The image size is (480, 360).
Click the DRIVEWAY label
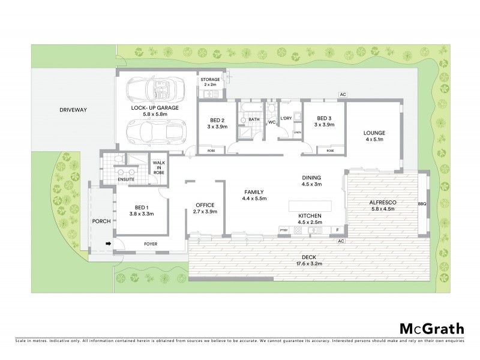pos(74,110)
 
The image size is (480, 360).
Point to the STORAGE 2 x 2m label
pos(210,82)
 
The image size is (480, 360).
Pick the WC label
pos(271,122)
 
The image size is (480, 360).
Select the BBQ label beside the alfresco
pos(421,204)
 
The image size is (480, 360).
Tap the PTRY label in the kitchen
pos(284,230)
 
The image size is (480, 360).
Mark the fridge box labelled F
pos(338,230)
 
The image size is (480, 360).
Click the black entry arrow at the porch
pos(109,244)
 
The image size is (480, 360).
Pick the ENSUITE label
pos(126,179)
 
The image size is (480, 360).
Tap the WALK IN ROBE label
pos(159,167)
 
